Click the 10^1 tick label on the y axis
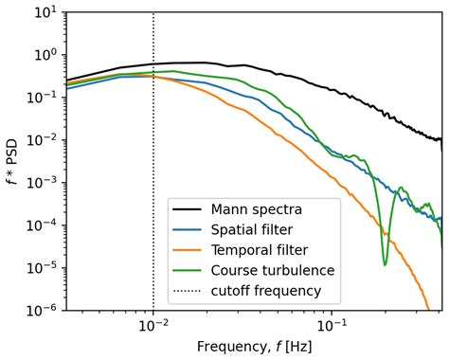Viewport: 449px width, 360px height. [41, 12]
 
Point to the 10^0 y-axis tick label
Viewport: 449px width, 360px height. [41, 55]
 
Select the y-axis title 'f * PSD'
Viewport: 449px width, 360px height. [12, 161]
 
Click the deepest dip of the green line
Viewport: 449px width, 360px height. [385, 264]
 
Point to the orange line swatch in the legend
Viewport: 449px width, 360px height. [189, 250]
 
